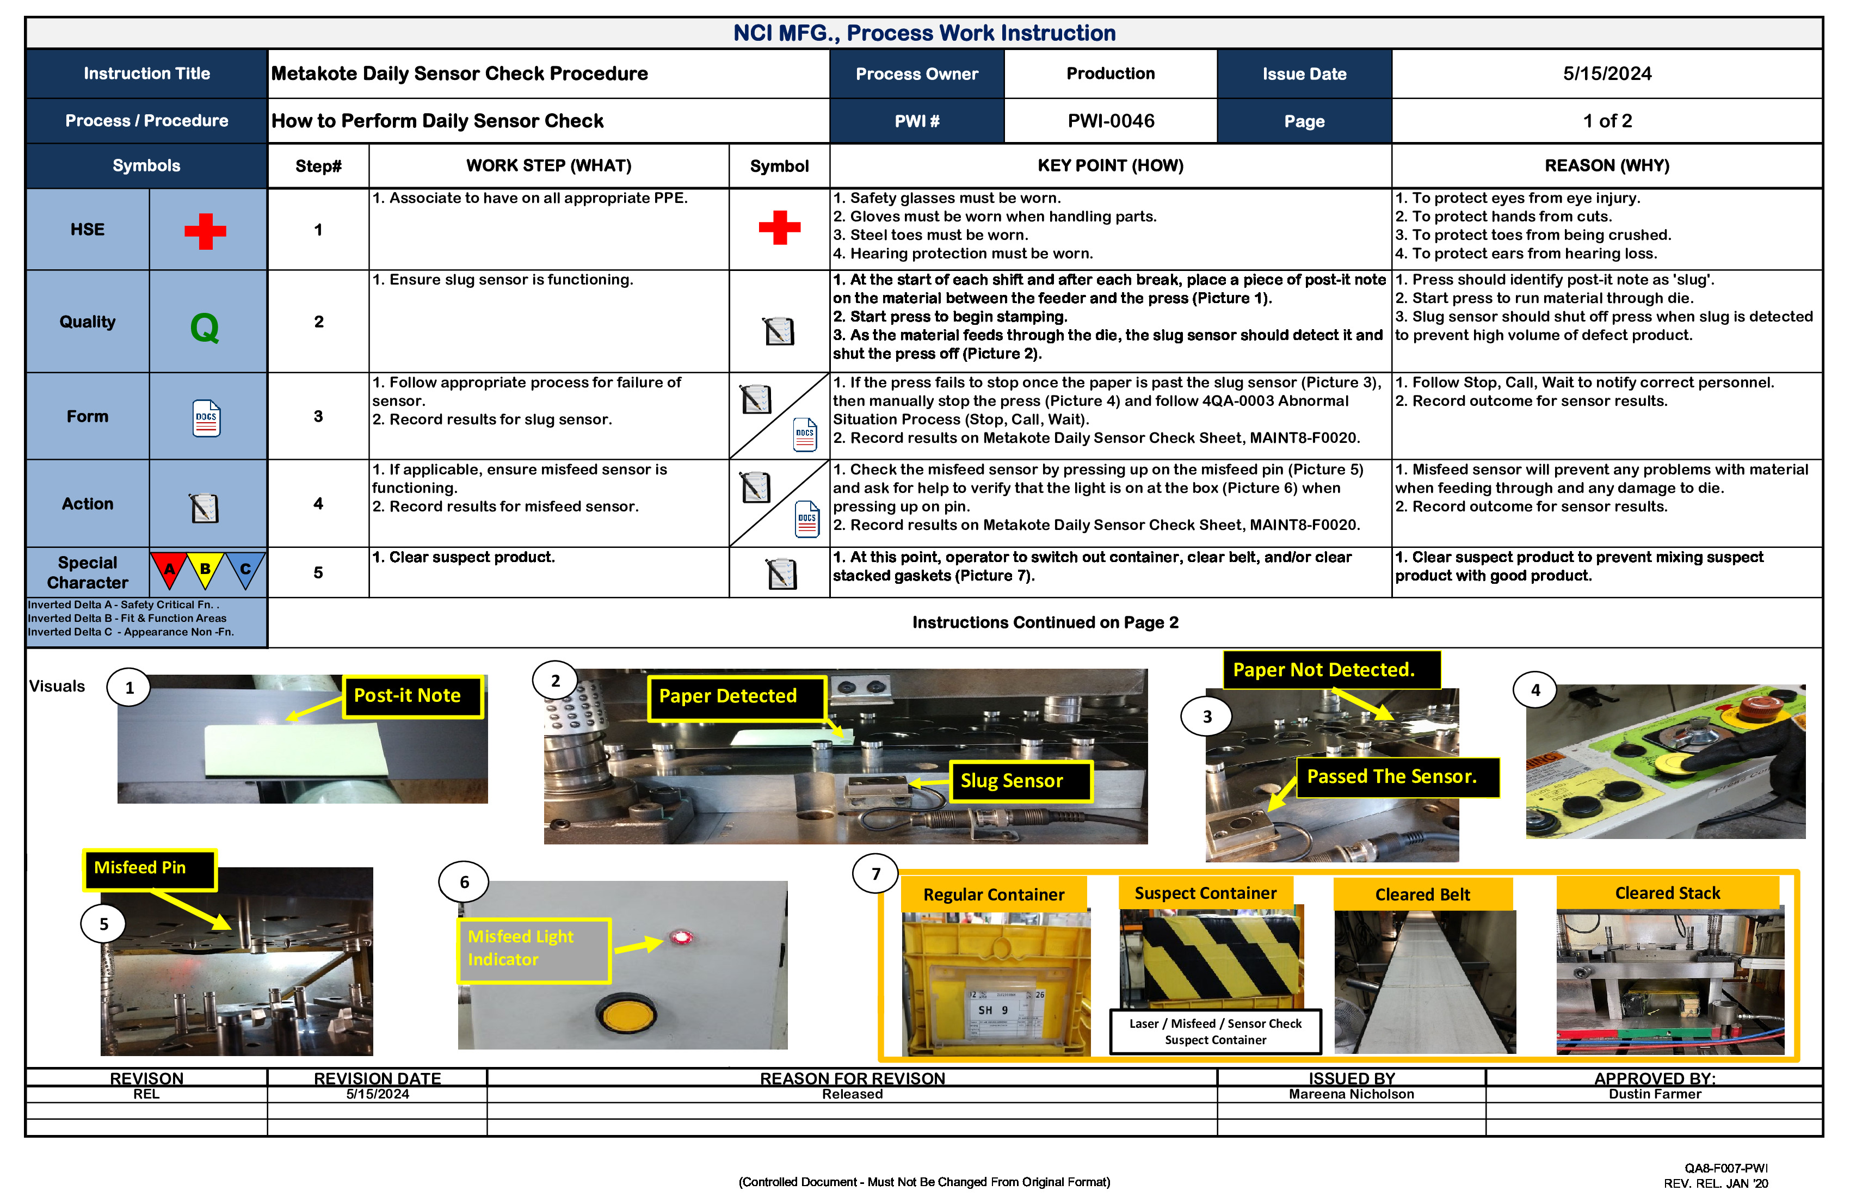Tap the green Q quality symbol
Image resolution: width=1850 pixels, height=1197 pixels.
[x=205, y=327]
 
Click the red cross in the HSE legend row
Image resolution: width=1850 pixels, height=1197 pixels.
[x=205, y=231]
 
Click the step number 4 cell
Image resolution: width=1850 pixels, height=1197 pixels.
[x=318, y=504]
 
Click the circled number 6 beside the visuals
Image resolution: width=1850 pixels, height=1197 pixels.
[x=464, y=882]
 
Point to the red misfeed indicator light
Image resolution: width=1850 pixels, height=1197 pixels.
[x=682, y=937]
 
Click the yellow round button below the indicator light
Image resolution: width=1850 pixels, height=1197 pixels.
[x=626, y=1014]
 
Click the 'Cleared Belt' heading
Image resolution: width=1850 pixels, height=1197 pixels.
[x=1422, y=894]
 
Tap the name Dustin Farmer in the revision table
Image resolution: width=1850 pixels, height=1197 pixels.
[x=1654, y=1094]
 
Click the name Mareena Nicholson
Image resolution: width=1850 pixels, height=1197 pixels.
[x=1351, y=1094]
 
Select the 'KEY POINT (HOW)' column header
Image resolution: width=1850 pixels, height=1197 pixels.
[x=1110, y=165]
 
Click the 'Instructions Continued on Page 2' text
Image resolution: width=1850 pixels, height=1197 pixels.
[x=1045, y=622]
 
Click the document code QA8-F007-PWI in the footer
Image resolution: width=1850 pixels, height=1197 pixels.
[x=1725, y=1168]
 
